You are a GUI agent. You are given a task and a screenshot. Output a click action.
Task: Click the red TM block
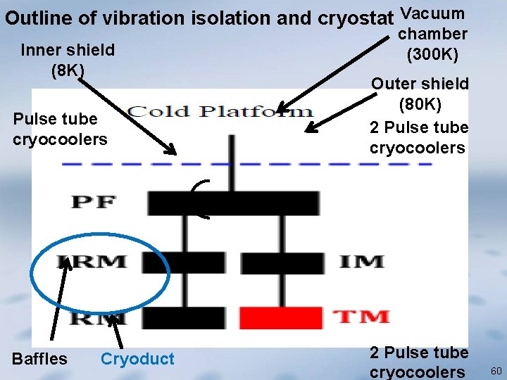point(282,317)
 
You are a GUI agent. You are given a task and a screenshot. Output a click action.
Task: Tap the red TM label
point(361,317)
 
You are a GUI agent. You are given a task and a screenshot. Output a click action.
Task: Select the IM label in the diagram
point(361,262)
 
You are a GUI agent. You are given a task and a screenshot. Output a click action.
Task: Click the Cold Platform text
point(220,112)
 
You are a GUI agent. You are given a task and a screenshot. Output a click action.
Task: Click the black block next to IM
point(282,262)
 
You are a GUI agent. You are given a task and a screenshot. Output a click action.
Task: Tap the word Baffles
point(40,359)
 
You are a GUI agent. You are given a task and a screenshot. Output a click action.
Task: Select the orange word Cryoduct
point(137,359)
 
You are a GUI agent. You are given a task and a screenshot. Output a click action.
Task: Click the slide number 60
point(494,370)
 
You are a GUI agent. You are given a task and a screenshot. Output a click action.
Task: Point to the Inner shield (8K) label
point(68,60)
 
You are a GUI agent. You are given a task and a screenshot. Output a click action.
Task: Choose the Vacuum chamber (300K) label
point(432,33)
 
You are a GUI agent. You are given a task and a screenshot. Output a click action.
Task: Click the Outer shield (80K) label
point(420,94)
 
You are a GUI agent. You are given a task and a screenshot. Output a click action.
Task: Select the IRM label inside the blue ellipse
point(93,262)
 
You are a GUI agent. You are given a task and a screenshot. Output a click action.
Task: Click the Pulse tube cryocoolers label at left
point(60,129)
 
